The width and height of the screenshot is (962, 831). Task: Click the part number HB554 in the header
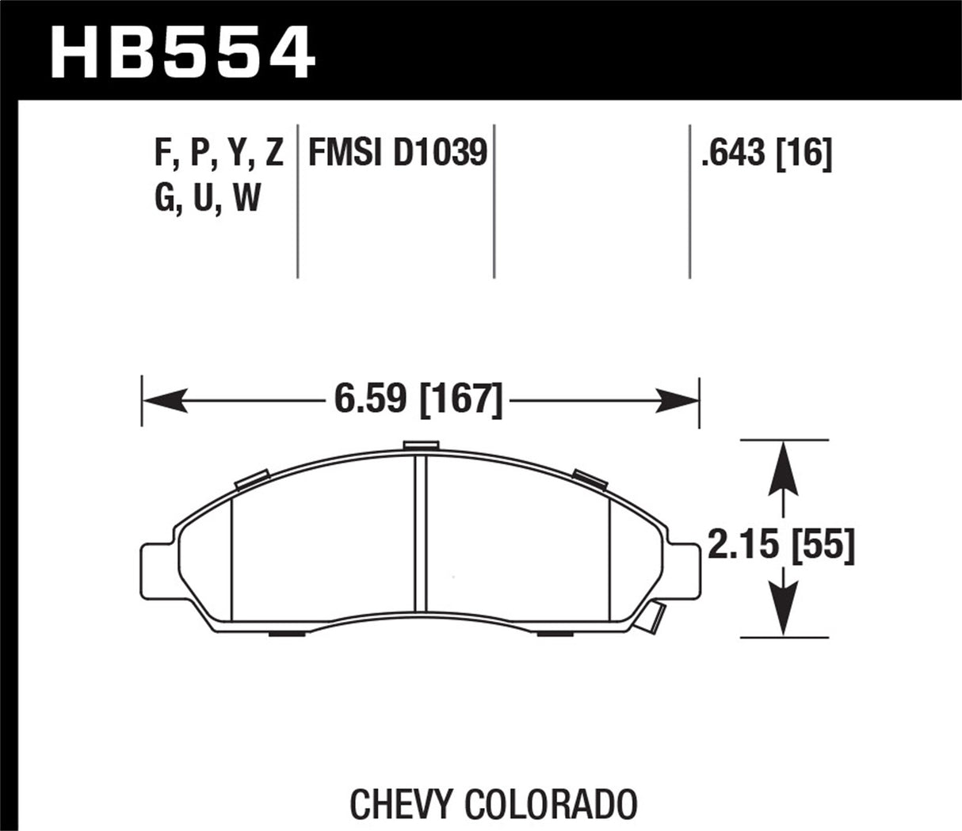click(182, 51)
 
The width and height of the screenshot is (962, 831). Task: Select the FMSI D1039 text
click(397, 152)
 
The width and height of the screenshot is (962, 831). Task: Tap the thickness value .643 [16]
click(765, 152)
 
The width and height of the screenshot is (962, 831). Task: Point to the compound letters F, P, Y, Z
click(219, 152)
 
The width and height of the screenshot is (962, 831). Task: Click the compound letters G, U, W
click(208, 197)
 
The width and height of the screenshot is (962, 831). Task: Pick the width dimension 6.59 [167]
click(418, 399)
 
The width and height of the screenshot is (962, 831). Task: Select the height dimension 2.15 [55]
click(781, 547)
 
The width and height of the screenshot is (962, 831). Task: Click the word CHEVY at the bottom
click(403, 804)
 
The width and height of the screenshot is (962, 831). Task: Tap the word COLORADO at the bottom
click(551, 804)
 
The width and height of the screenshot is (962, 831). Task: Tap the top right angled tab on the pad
click(589, 478)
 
